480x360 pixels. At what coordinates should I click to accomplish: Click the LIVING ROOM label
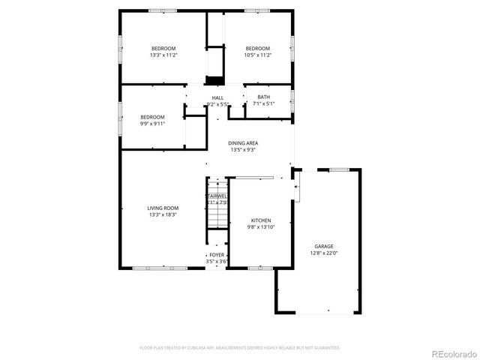[163, 208]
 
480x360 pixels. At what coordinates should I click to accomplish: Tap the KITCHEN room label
[260, 220]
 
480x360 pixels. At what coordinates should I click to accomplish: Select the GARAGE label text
[323, 246]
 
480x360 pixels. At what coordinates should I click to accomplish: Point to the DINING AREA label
[243, 142]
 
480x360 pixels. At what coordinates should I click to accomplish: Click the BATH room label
[264, 97]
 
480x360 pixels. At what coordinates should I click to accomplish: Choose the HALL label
[217, 97]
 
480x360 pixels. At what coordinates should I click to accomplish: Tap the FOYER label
[217, 255]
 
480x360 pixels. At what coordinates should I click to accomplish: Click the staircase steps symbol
[217, 214]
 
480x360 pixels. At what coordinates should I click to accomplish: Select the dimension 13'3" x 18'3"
[163, 214]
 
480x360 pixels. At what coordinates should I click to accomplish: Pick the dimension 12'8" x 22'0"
[323, 253]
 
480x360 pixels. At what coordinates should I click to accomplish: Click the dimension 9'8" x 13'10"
[260, 227]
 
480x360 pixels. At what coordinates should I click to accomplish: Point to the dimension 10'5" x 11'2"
[257, 55]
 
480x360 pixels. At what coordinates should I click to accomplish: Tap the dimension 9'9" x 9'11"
[152, 124]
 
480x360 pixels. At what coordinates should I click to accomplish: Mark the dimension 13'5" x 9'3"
[243, 149]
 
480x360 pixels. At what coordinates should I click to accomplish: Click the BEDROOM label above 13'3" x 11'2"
[163, 48]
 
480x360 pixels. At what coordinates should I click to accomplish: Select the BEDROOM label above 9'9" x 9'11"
[152, 117]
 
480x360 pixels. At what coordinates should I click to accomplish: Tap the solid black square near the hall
[215, 80]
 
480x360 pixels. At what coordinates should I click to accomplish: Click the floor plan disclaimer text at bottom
[240, 347]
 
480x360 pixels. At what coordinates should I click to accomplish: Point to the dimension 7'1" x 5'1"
[264, 103]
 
